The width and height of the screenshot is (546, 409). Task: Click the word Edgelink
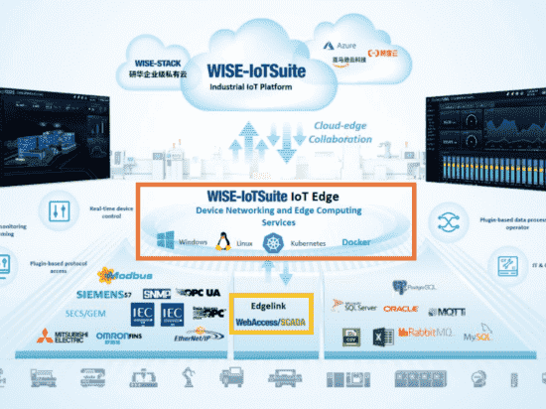[x=266, y=308]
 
